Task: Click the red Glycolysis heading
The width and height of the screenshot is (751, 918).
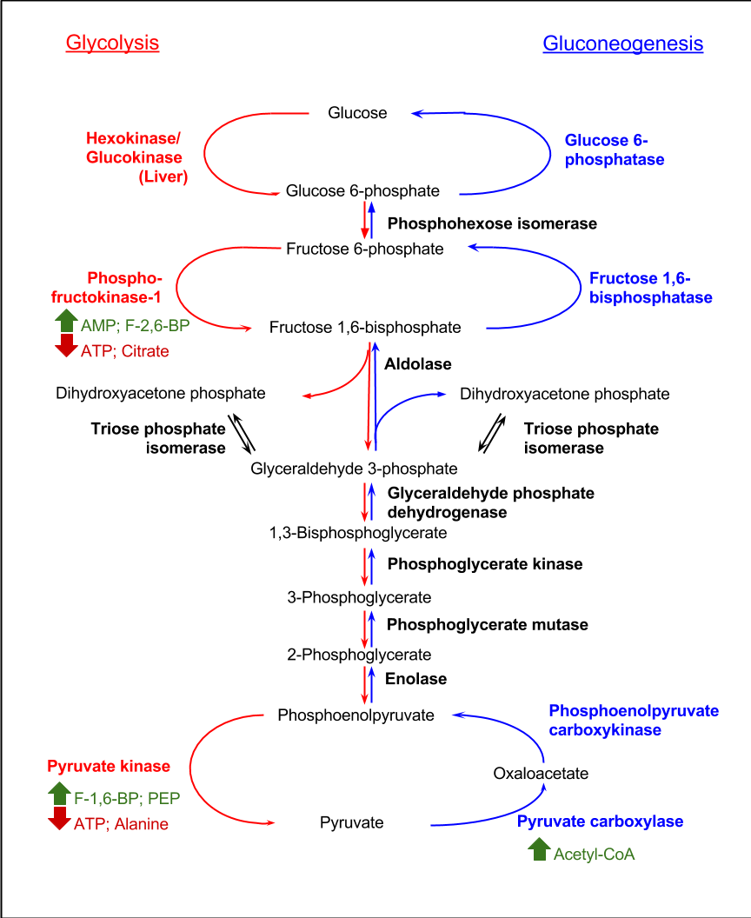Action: pos(112,43)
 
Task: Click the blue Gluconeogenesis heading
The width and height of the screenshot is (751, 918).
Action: pos(622,43)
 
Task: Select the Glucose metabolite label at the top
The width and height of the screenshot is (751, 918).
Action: pos(357,112)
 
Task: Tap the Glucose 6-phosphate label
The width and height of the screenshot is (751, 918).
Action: pos(362,191)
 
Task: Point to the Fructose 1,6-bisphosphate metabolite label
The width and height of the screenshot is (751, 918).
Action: pos(365,328)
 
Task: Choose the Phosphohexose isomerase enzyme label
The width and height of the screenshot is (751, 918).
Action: pos(492,223)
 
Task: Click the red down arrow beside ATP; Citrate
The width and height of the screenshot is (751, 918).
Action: pos(66,348)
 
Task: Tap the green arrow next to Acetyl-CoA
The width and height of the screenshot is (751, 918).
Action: pos(539,849)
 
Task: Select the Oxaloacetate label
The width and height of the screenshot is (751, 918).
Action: pos(541,773)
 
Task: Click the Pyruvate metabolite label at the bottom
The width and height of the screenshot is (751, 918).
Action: pos(351,822)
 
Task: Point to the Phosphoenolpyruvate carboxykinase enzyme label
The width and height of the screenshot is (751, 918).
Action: pos(634,721)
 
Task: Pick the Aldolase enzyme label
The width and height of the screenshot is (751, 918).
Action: pos(418,363)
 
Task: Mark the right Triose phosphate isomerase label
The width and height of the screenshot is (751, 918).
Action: pos(591,438)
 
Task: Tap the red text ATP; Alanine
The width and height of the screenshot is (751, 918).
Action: pos(121,824)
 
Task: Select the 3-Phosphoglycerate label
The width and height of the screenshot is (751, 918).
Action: pos(359,598)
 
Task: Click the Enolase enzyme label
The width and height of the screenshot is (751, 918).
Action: pos(416,679)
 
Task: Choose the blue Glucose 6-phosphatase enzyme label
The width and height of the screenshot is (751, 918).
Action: pos(615,150)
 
